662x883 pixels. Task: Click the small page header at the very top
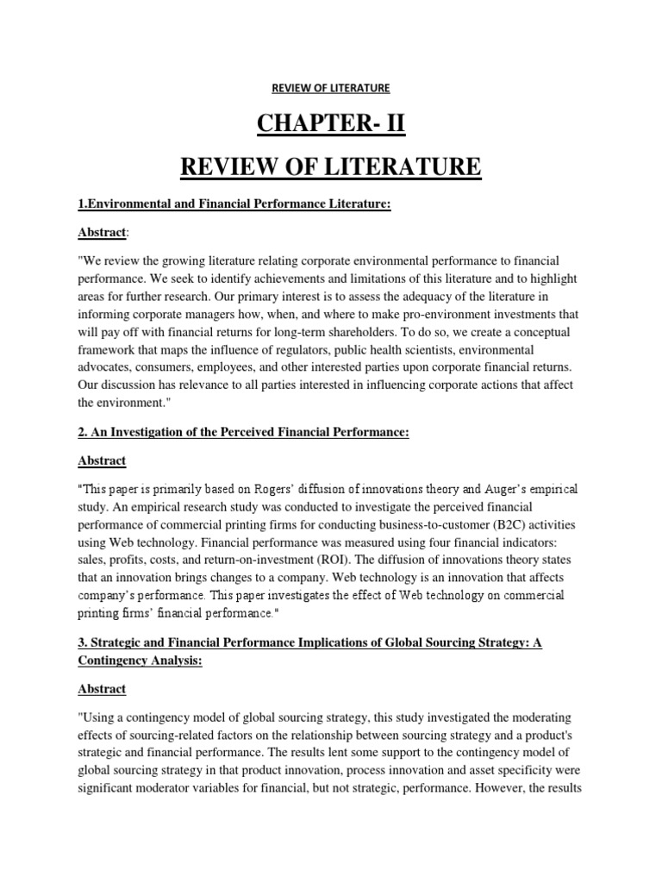click(330, 88)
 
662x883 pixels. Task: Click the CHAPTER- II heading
click(330, 125)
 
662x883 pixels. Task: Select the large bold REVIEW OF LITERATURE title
click(330, 165)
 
